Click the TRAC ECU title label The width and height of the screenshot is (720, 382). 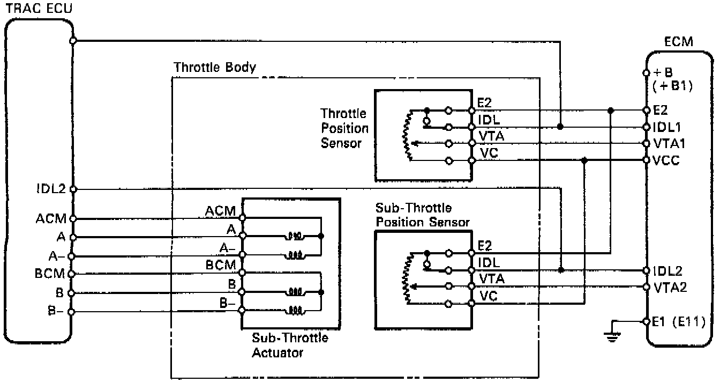[36, 8]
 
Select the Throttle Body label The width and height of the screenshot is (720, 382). [215, 68]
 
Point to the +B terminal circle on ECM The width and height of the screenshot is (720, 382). [647, 73]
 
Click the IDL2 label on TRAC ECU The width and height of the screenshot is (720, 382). [50, 189]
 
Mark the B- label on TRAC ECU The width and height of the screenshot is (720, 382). [58, 311]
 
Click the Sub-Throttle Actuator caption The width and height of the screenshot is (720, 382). [290, 345]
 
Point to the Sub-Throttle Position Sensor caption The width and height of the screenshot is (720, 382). [423, 215]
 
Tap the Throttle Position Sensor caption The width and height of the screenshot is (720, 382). [344, 128]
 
